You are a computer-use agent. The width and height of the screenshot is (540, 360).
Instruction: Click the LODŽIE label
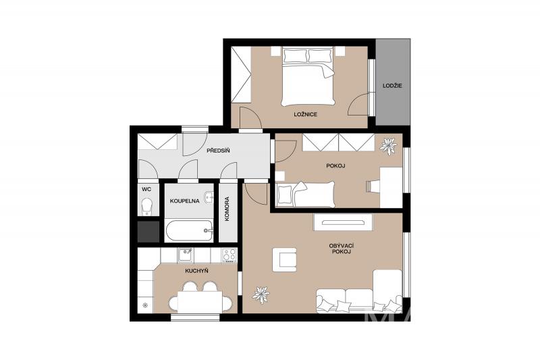[x=392, y=85]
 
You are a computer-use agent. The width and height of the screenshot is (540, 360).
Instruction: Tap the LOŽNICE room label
[x=305, y=114]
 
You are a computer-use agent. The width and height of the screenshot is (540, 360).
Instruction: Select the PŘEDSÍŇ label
[x=218, y=151]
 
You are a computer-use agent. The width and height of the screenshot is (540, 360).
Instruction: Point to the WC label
[x=146, y=189]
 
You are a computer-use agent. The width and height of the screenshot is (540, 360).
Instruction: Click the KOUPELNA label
[x=184, y=201]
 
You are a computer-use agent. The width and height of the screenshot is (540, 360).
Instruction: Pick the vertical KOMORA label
[x=227, y=209]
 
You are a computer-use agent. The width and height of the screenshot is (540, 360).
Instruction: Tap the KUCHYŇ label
[x=196, y=271]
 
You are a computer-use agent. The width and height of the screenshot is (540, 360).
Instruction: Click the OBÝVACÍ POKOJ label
[x=342, y=249]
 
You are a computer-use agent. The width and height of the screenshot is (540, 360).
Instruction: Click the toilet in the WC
[x=147, y=206]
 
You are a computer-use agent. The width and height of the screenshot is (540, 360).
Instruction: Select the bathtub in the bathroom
[x=189, y=231]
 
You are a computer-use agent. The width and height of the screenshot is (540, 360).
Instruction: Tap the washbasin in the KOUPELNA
[x=209, y=197]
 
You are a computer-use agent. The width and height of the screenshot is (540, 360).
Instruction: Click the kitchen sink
[x=186, y=255]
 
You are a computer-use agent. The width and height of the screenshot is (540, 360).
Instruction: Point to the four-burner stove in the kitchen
[x=229, y=255]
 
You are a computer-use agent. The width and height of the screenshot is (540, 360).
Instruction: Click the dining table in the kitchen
[x=200, y=303]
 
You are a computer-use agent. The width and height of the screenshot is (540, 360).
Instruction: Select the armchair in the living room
[x=284, y=259]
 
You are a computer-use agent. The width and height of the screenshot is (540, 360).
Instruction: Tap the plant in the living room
[x=261, y=295]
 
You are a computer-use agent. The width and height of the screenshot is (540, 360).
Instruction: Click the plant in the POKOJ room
[x=388, y=146]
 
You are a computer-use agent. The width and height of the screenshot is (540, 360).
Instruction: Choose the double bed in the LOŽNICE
[x=308, y=76]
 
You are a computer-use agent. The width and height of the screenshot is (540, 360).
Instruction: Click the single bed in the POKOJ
[x=306, y=195]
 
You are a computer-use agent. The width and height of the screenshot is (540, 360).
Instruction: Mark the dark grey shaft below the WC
[x=148, y=232]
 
